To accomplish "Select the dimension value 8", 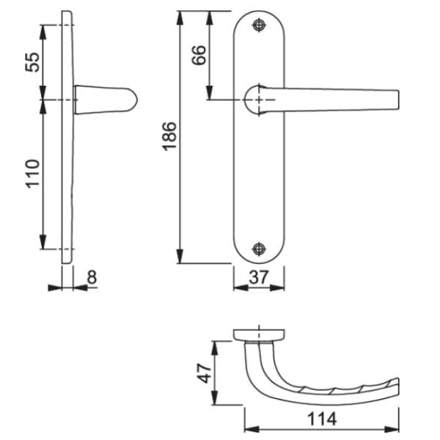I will (x=92, y=279).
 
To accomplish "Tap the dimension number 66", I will (x=199, y=56).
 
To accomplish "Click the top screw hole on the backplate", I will (x=258, y=26).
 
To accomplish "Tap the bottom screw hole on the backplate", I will (x=258, y=249).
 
